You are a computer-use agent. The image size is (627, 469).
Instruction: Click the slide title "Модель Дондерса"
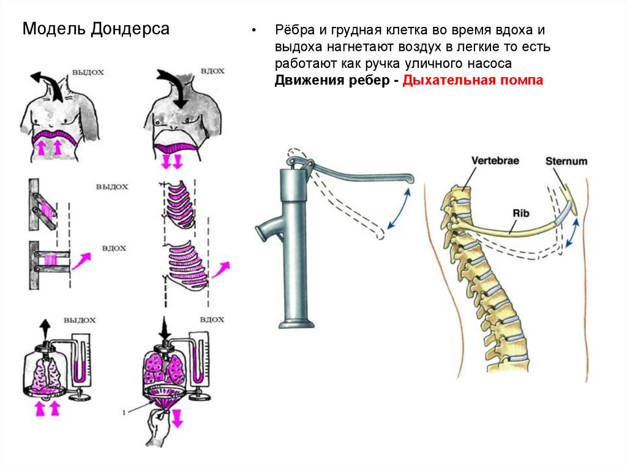(x=96, y=29)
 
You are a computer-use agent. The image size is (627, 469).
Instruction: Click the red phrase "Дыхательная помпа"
(x=473, y=81)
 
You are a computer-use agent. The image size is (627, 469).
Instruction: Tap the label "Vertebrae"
(x=495, y=160)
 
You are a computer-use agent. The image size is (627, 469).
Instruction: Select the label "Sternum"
(x=566, y=161)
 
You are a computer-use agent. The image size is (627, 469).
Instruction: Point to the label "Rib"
(x=521, y=213)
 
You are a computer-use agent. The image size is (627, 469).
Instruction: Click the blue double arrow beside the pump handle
(x=398, y=209)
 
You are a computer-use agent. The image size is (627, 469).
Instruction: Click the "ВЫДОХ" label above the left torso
(x=88, y=72)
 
